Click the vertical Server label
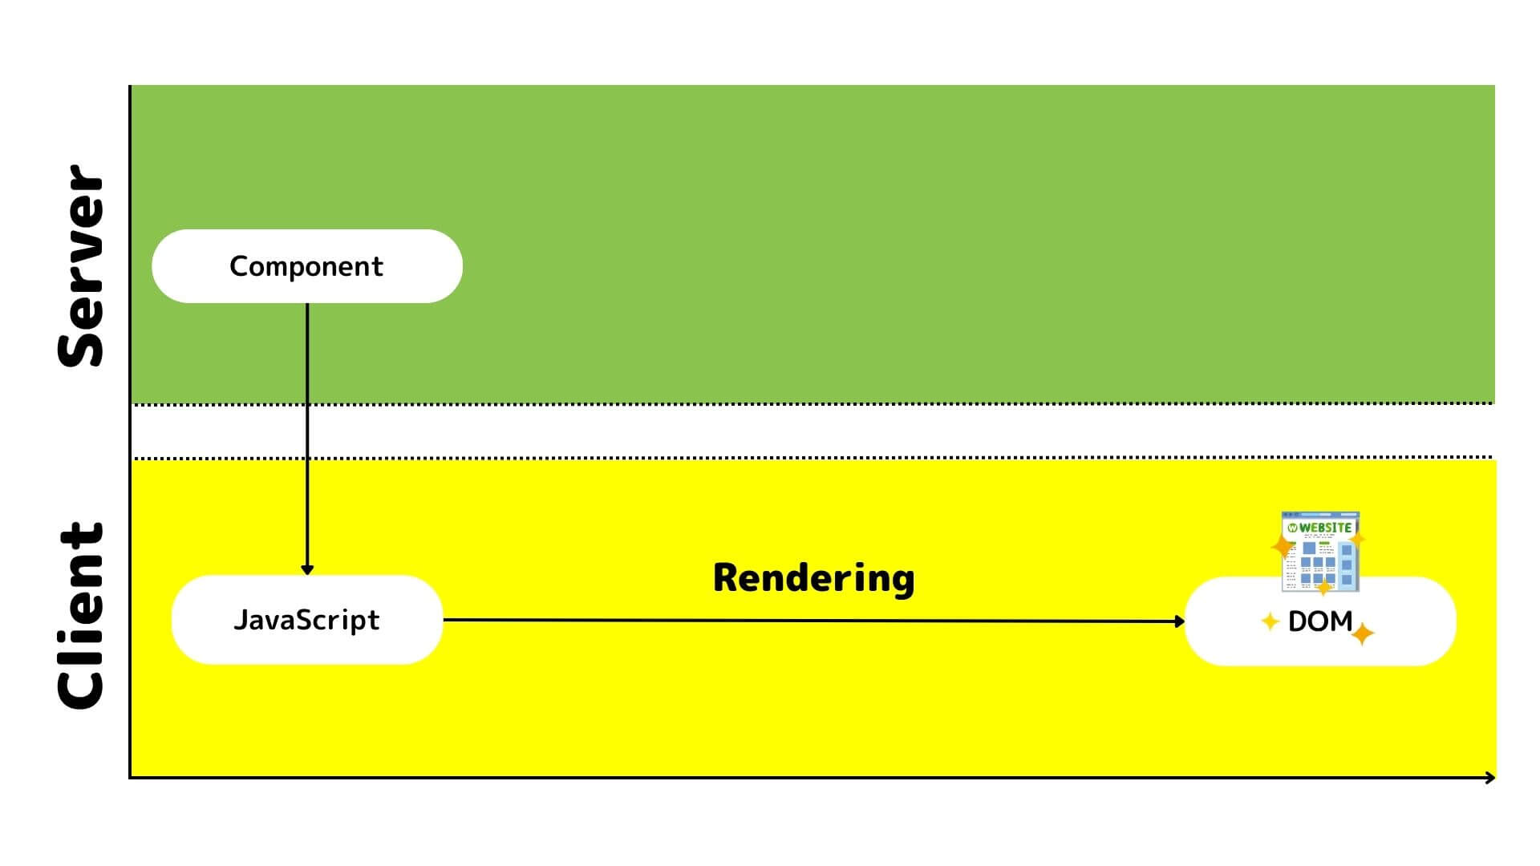pos(81,266)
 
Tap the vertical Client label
pos(81,616)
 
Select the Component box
pos(306,266)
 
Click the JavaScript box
pos(306,620)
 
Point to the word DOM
pos(1319,621)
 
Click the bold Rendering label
pos(813,578)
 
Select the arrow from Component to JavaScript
pos(307,433)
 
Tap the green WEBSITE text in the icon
pos(1326,528)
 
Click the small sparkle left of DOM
pos(1270,621)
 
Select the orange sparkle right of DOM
pos(1362,634)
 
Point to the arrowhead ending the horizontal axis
pos(1490,778)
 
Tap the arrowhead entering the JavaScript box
pos(307,570)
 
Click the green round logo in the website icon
pos(1292,528)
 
